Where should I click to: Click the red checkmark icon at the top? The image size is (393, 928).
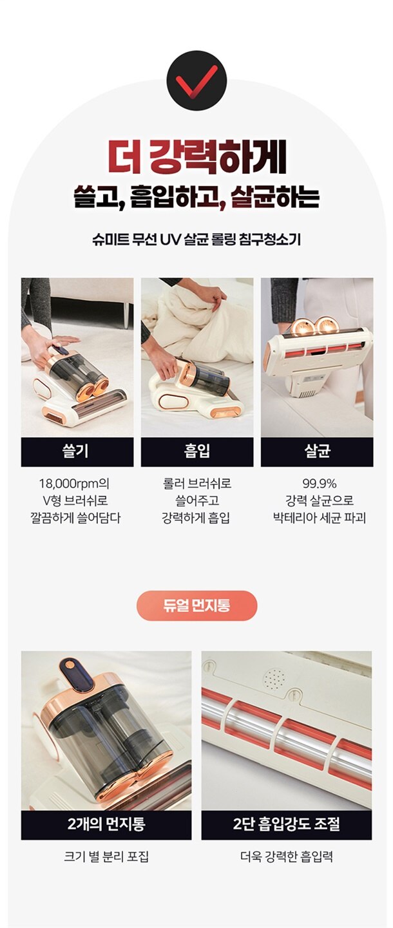196,80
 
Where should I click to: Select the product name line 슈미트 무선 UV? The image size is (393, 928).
196,240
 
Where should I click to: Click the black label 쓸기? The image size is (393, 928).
77,451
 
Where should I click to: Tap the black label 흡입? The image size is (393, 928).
197,451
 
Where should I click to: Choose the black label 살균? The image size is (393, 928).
317,451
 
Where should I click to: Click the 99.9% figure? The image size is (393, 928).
319,484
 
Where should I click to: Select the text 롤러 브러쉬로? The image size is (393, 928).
197,484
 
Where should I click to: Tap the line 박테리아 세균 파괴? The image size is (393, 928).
319,518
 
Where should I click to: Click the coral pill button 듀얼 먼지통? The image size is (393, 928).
197,606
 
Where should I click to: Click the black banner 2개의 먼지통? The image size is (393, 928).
106,824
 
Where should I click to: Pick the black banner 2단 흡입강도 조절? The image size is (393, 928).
287,824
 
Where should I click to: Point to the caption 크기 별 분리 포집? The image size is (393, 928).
106,857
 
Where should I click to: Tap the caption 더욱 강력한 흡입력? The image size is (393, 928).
287,857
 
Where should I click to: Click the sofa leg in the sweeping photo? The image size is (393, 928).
126,308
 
